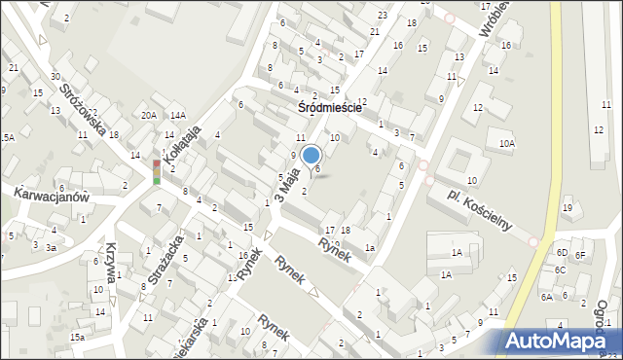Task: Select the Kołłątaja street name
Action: tap(182, 142)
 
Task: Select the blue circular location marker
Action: tap(311, 155)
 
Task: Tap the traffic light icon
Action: tap(156, 173)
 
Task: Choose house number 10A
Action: tap(506, 144)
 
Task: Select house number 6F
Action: tap(580, 255)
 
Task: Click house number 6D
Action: tap(562, 252)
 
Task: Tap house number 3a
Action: tap(52, 247)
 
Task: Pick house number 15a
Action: tap(77, 337)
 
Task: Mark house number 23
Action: tap(383, 16)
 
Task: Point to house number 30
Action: tap(55, 77)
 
